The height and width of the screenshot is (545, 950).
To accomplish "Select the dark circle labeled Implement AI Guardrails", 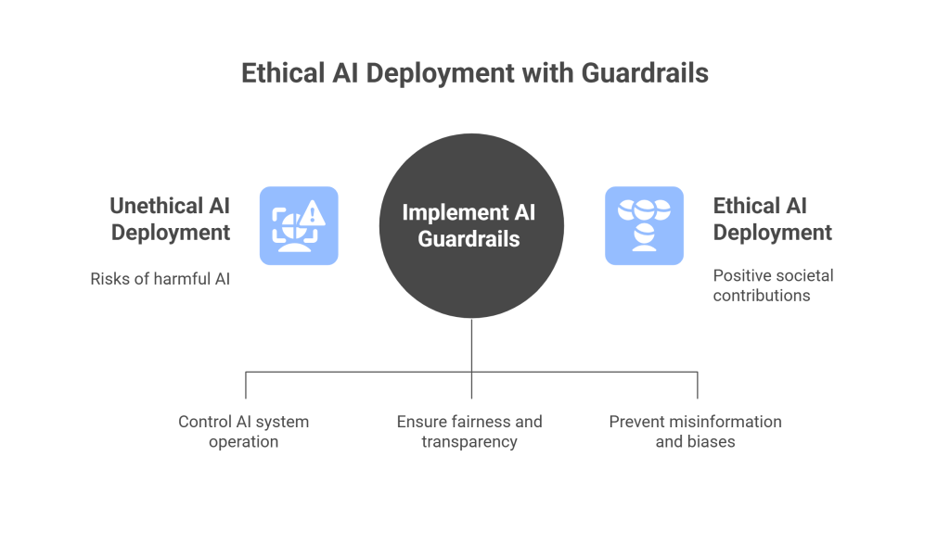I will click(471, 226).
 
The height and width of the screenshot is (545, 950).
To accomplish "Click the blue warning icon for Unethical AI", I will click(299, 226).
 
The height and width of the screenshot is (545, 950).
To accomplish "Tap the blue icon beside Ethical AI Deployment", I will click(644, 226).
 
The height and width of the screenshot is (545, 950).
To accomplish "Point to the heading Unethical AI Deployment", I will click(170, 219).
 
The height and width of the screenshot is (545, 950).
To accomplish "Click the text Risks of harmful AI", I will click(160, 278).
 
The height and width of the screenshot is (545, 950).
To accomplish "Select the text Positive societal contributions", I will click(760, 285).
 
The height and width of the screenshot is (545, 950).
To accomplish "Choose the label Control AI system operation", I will click(243, 431).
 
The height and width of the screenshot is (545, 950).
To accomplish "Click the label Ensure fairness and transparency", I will click(469, 431).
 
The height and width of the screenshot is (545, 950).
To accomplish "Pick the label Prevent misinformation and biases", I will click(695, 431).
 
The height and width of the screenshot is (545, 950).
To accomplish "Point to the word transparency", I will click(469, 442).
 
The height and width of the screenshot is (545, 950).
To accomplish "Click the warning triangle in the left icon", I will click(316, 215).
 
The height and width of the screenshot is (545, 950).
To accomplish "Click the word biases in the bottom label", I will click(712, 442).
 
